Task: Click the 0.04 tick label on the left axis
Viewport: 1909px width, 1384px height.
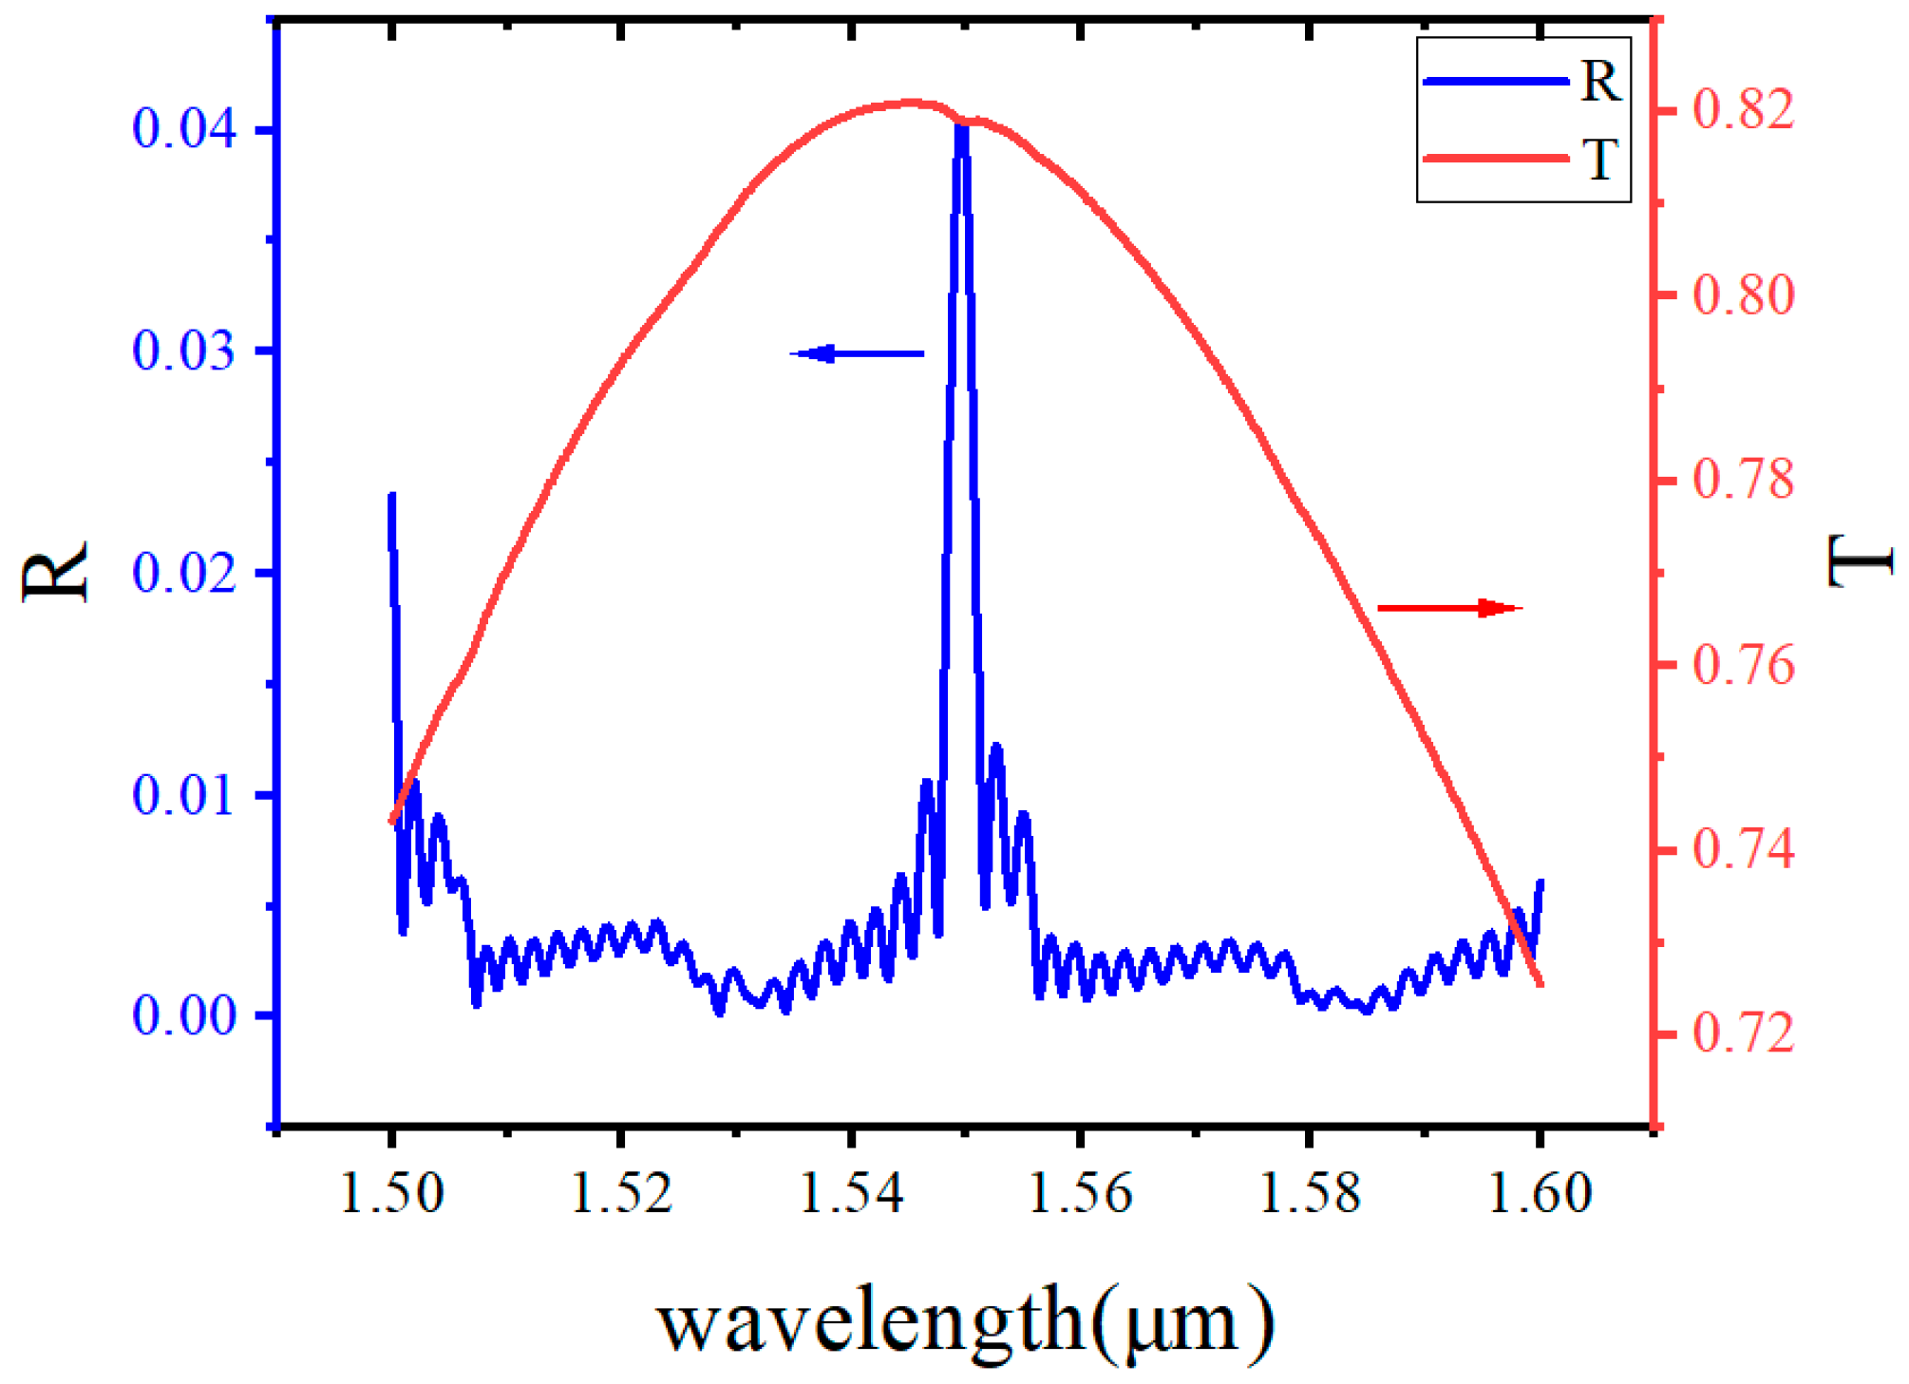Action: click(x=184, y=128)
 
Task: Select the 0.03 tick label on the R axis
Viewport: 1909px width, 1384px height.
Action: click(x=184, y=351)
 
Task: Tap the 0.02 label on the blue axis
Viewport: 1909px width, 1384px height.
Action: click(x=184, y=573)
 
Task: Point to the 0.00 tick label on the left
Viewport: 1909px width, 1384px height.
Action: click(x=184, y=1015)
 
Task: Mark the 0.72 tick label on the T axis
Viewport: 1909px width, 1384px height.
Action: click(x=1744, y=1033)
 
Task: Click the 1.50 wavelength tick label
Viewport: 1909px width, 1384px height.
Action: click(x=391, y=1193)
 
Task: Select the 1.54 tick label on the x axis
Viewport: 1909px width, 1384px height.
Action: click(x=851, y=1193)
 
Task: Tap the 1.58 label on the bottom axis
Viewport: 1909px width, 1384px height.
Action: click(x=1310, y=1193)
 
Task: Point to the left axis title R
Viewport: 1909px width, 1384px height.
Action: click(x=55, y=571)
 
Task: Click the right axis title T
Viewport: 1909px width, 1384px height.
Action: click(x=1861, y=560)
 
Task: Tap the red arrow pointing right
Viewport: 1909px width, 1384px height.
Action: click(x=1448, y=608)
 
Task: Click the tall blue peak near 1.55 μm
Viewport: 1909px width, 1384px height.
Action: click(x=962, y=133)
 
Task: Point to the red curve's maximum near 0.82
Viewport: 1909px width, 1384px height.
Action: click(x=912, y=103)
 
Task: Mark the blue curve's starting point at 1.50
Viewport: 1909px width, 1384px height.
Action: click(x=391, y=497)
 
